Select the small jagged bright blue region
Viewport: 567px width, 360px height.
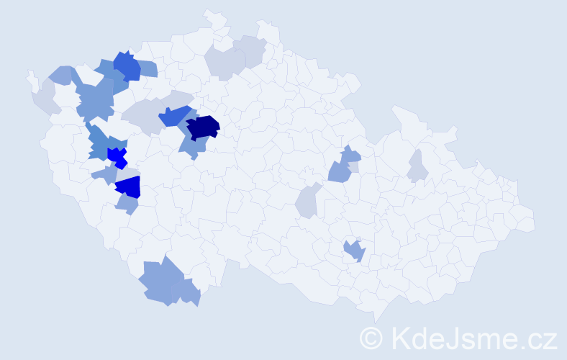[117, 156]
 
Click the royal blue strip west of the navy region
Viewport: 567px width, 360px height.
[176, 115]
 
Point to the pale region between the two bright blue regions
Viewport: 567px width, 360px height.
[125, 172]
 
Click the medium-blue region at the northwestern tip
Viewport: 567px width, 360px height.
[62, 74]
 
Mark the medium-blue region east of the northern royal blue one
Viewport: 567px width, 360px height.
[148, 68]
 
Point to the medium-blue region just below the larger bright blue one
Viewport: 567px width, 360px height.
[127, 204]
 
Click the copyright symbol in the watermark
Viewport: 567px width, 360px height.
[371, 337]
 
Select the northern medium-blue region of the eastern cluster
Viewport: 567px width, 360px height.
[350, 154]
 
